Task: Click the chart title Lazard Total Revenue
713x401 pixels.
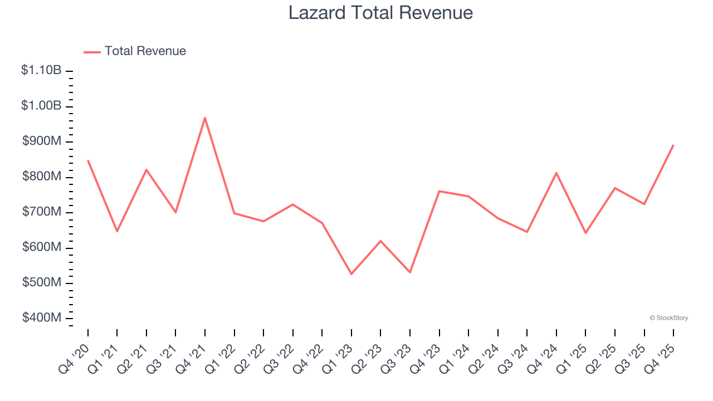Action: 380,13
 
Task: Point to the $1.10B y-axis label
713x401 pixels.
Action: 41,70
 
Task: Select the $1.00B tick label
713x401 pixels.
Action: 41,106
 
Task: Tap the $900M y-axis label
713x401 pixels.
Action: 42,141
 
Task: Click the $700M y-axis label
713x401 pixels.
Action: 42,212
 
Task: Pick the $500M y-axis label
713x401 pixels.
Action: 42,282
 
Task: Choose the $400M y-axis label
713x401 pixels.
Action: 42,317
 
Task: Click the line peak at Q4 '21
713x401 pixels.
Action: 205,118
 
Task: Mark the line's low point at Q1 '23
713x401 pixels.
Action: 351,274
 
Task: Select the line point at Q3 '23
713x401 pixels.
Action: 410,272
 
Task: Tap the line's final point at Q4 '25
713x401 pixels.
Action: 673,145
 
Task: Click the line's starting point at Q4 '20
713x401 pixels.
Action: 88,160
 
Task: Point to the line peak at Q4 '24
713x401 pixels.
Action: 556,173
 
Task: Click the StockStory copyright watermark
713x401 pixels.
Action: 668,318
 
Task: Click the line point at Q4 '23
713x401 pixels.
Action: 439,191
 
